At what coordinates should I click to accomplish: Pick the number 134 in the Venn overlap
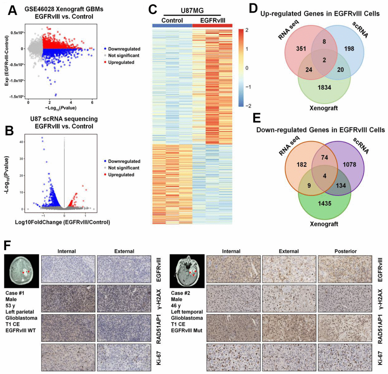(x=347, y=186)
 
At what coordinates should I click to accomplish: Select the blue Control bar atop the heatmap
(x=172, y=25)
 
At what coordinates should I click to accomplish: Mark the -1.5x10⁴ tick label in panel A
(x=18, y=96)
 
